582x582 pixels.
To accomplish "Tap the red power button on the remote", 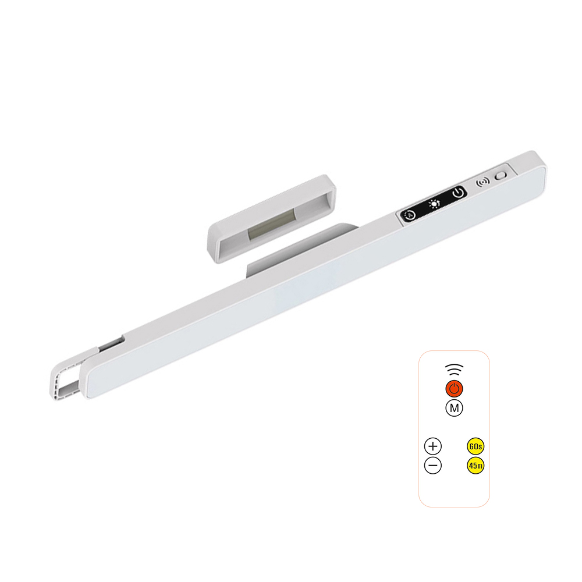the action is point(454,389).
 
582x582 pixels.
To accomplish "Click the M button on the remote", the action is point(454,408).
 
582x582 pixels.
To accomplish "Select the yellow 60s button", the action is point(475,446).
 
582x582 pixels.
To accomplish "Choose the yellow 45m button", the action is point(475,466).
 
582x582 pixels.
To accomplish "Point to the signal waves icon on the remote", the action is point(454,370).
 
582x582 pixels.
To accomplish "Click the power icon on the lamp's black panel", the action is point(458,193).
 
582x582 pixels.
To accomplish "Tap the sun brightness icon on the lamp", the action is point(434,204).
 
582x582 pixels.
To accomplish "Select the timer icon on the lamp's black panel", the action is point(409,215).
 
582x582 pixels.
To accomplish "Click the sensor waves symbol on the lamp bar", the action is point(482,182).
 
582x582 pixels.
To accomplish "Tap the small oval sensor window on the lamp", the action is point(501,175).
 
